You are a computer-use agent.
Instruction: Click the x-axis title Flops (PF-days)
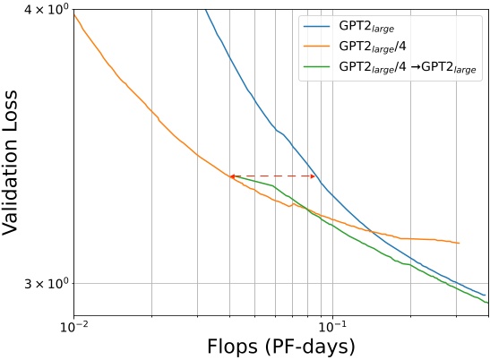point(279,345)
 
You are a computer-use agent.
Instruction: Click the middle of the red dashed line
point(272,176)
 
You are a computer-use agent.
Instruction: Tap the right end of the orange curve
point(459,243)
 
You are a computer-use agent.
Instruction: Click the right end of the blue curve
point(485,295)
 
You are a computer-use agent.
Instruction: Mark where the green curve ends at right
point(487,302)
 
